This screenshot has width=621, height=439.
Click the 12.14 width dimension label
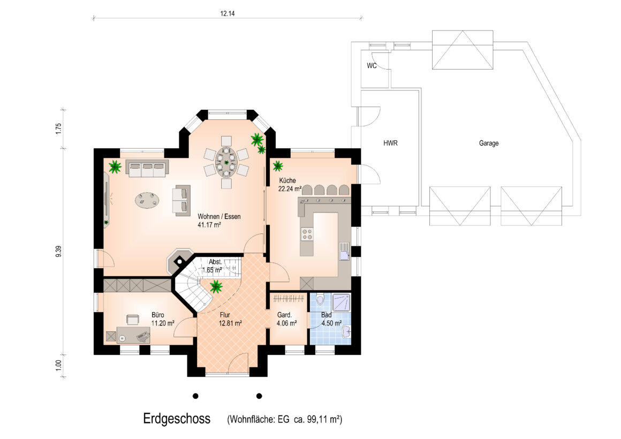[228, 13]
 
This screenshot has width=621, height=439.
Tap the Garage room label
[489, 143]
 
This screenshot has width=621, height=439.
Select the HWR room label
[390, 143]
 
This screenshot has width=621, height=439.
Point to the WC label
[372, 65]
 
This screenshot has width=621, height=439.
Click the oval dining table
[226, 162]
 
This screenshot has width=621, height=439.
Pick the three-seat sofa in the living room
[147, 168]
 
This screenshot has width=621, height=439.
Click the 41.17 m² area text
[209, 225]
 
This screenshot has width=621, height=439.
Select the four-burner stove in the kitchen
[307, 234]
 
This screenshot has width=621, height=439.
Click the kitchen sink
[344, 251]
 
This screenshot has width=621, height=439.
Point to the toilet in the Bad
[320, 299]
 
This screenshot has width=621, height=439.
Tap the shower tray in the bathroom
[341, 302]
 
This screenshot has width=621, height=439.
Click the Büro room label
[157, 315]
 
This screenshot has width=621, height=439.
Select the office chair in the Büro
[133, 319]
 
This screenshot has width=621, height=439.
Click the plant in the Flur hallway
[216, 286]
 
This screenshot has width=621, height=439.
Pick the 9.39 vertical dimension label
[58, 252]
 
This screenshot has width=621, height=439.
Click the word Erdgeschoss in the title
[177, 419]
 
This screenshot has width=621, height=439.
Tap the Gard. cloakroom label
[284, 315]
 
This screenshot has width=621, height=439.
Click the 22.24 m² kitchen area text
[290, 188]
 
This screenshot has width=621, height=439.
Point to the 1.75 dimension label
[58, 129]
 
